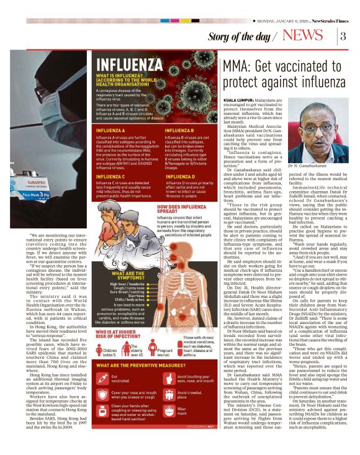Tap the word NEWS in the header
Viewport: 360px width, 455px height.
(x=306, y=36)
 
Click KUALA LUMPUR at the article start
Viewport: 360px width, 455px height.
(x=239, y=99)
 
